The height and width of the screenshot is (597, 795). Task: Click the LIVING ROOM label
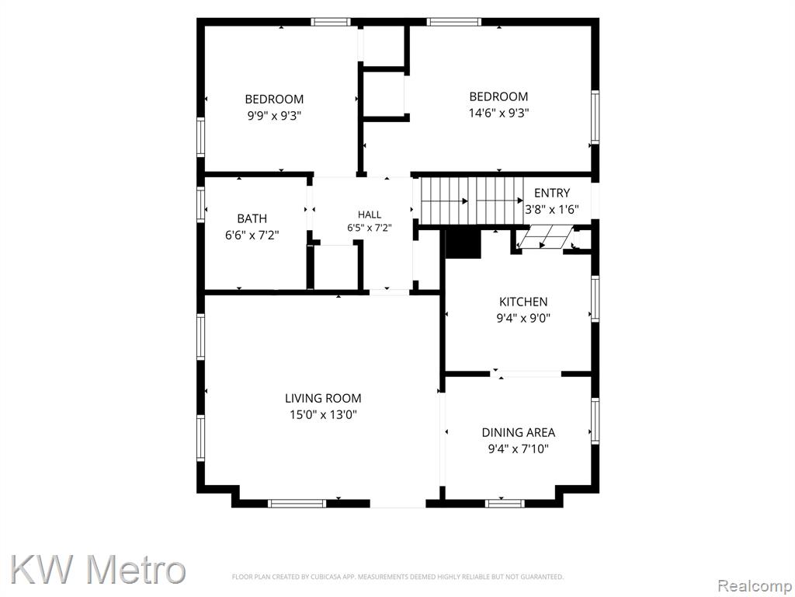[323, 399]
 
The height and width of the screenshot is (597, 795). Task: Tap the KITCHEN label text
[523, 302]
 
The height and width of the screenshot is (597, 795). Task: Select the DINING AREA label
[518, 432]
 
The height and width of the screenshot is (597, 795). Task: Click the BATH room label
[252, 218]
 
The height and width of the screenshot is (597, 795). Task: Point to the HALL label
[370, 215]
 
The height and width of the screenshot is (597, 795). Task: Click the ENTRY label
[552, 193]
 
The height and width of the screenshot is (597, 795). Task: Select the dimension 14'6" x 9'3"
[499, 113]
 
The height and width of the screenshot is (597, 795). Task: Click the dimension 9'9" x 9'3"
[274, 115]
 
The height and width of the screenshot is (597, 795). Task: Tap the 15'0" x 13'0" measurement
[323, 415]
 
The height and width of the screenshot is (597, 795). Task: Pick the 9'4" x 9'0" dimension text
[523, 318]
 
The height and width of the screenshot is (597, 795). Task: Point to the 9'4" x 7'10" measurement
[518, 449]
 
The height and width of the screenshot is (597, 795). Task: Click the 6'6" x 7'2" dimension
[252, 235]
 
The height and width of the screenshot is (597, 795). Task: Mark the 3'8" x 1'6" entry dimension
[552, 209]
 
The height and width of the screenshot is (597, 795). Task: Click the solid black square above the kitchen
[463, 244]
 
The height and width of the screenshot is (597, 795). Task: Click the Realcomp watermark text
[755, 586]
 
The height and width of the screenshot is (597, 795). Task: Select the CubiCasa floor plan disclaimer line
[397, 577]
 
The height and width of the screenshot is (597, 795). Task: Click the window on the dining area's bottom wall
[505, 504]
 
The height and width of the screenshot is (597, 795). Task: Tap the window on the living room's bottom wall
[297, 504]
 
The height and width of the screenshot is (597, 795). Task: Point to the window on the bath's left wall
[201, 204]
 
